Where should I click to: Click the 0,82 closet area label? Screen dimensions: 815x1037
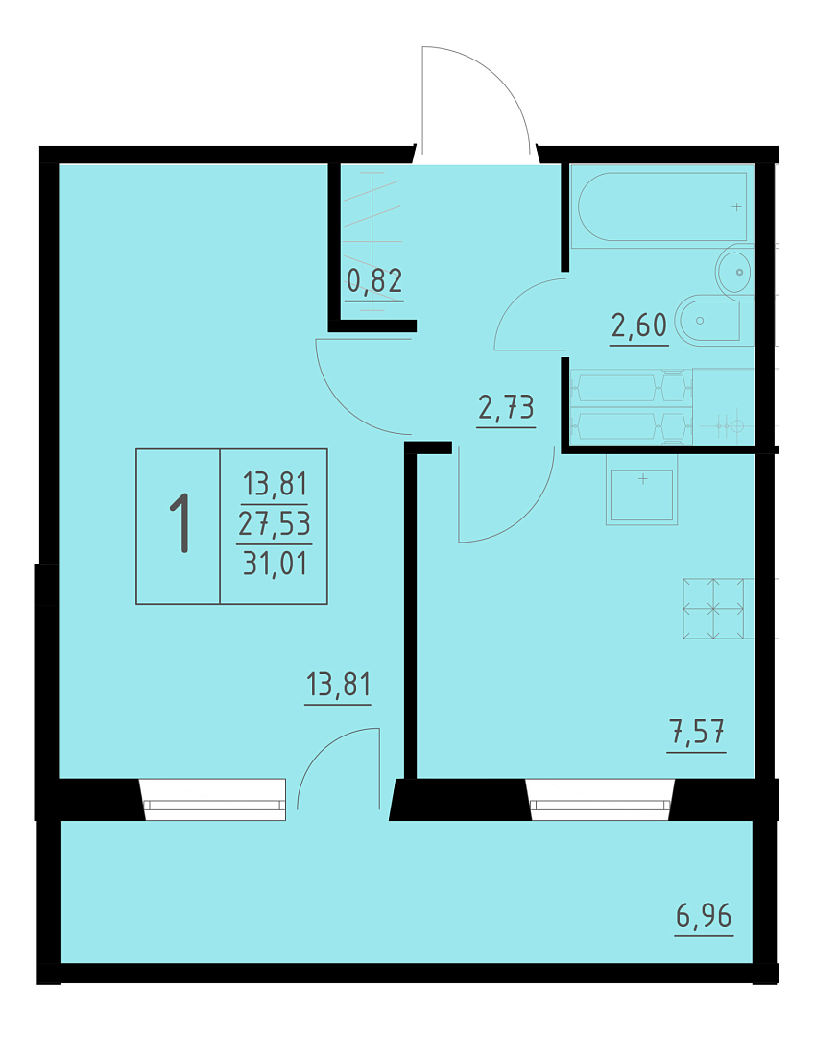(374, 281)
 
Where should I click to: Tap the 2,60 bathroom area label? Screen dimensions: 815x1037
(639, 326)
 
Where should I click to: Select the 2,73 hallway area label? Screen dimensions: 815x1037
(506, 407)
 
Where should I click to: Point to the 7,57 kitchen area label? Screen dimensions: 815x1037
(697, 732)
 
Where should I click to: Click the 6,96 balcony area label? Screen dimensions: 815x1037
(704, 916)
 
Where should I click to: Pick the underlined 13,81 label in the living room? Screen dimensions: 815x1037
(338, 685)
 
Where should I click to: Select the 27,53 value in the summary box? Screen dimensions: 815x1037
(275, 524)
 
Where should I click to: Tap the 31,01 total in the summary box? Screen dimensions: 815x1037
(275, 564)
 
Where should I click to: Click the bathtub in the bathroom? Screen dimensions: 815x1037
(662, 206)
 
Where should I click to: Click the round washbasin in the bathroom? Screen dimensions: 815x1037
(734, 271)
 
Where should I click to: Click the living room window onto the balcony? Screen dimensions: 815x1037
(214, 800)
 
